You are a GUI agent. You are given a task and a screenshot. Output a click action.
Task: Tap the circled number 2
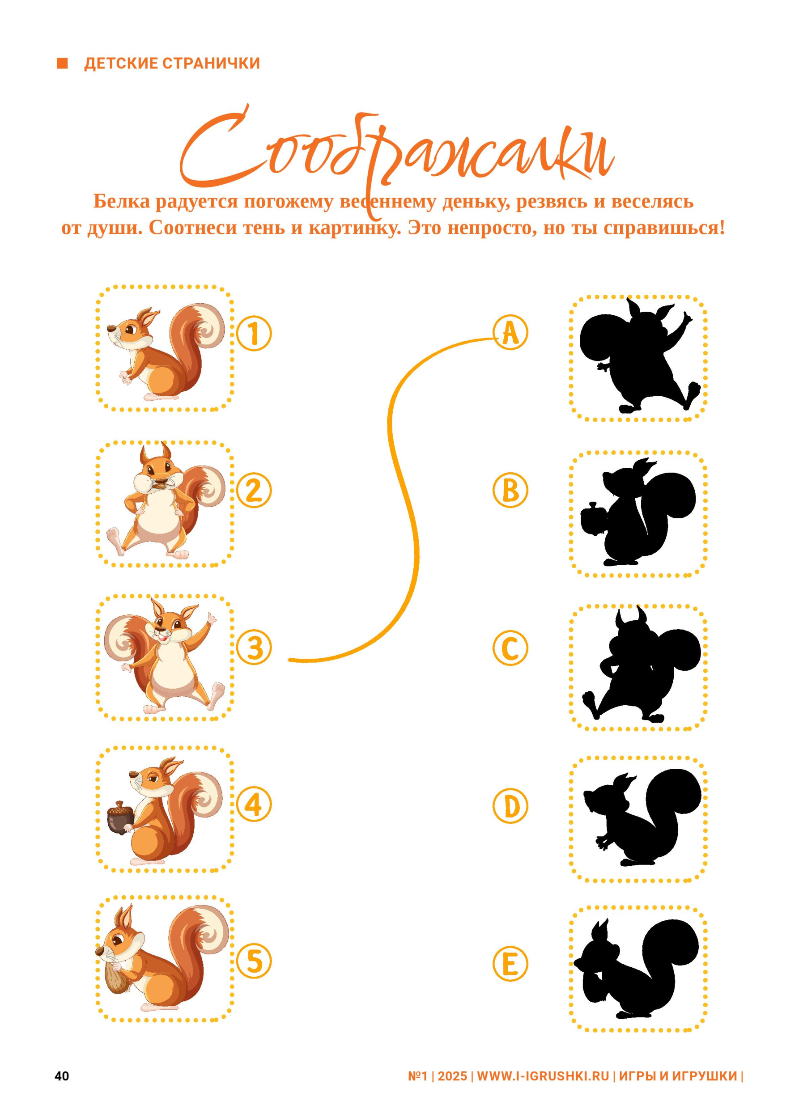pyautogui.click(x=254, y=491)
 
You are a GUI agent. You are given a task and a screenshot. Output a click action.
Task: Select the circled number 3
pyautogui.click(x=254, y=648)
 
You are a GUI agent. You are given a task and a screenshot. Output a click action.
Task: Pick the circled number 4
pyautogui.click(x=254, y=805)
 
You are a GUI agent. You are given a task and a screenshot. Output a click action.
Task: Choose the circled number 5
pyautogui.click(x=254, y=961)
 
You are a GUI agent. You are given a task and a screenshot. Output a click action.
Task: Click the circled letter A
pyautogui.click(x=510, y=333)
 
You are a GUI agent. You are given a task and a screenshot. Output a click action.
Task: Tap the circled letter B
pyautogui.click(x=510, y=491)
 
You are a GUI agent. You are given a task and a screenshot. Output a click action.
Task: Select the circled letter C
pyautogui.click(x=510, y=648)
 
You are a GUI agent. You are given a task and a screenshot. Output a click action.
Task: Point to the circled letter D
pyautogui.click(x=510, y=806)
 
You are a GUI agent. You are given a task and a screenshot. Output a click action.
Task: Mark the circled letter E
pyautogui.click(x=510, y=964)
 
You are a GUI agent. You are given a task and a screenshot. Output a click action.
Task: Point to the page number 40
pyautogui.click(x=62, y=1076)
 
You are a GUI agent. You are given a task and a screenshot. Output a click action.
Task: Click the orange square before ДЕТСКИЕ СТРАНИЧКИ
pyautogui.click(x=62, y=63)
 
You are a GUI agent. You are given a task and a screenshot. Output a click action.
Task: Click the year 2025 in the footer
pyautogui.click(x=452, y=1076)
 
